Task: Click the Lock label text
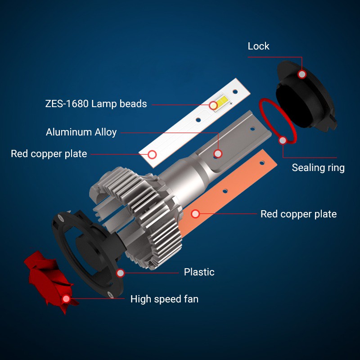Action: tap(258, 46)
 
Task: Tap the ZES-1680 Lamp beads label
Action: tap(96, 104)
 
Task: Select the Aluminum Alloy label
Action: tap(81, 132)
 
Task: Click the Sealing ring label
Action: tap(318, 167)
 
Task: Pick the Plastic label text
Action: tap(199, 272)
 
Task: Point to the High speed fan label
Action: tap(164, 299)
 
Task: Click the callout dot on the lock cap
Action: tap(302, 74)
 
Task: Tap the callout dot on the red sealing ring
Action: tap(283, 140)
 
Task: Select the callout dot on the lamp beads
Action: tap(213, 105)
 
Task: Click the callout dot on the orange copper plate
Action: tap(195, 214)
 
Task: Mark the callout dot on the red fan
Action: tap(66, 299)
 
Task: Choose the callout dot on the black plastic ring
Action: tap(120, 273)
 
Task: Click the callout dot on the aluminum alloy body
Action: tap(218, 153)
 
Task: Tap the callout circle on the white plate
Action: tap(152, 154)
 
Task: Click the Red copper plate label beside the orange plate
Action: tap(298, 214)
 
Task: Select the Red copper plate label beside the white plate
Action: tap(49, 154)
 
